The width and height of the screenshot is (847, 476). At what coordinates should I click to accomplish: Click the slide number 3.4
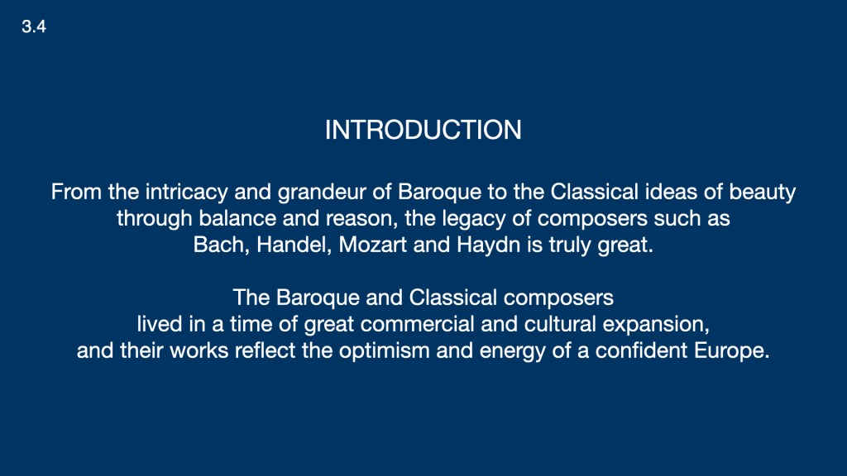[33, 26]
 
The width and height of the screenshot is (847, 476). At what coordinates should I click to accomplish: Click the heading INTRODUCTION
[423, 130]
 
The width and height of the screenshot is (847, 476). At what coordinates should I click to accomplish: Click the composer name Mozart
[373, 245]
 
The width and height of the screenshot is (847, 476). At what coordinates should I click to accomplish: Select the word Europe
[732, 351]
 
